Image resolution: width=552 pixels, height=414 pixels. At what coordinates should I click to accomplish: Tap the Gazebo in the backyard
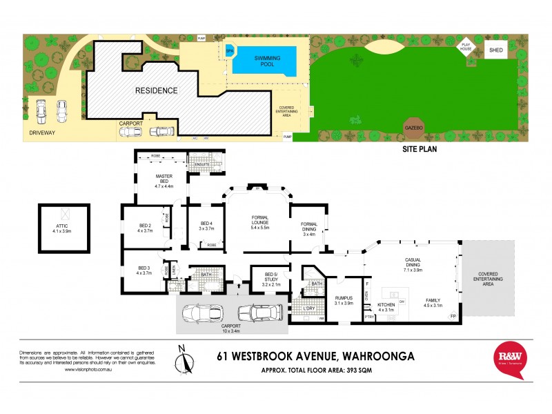[x=414, y=128]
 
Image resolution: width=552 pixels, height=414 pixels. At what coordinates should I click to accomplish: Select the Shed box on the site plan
[x=495, y=50]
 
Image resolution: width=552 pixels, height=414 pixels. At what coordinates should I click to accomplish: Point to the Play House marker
[x=466, y=46]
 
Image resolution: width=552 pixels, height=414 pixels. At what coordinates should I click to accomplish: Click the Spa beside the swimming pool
[x=229, y=50]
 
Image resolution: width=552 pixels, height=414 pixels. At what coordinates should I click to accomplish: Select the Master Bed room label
[x=163, y=181]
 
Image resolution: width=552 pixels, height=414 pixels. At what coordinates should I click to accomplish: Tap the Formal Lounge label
[x=256, y=222]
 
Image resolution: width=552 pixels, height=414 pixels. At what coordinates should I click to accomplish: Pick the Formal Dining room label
[x=308, y=228]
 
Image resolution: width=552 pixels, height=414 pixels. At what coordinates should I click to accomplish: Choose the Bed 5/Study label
[x=263, y=278]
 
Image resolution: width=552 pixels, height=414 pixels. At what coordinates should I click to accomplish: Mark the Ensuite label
[x=201, y=164]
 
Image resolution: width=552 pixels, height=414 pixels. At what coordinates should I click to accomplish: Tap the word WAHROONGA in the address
[x=376, y=357]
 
